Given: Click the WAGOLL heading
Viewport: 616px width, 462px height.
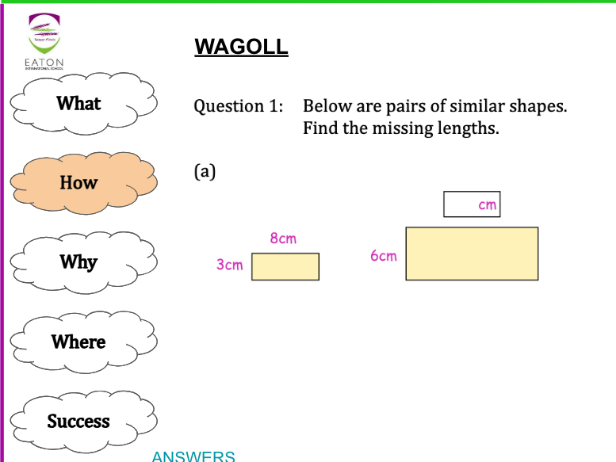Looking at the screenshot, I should pos(241,48).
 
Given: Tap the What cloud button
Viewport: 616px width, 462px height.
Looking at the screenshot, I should pos(79,103).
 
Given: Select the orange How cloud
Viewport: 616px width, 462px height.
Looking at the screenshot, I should pos(79,182).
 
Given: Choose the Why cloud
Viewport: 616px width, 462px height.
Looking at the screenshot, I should pos(79,262).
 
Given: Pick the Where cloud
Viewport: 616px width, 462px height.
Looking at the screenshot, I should pos(79,342).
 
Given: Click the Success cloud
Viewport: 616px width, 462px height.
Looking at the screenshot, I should pos(79,421).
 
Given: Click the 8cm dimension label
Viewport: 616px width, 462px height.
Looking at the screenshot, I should pos(283,239).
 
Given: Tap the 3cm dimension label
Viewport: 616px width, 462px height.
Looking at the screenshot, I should pos(230,265).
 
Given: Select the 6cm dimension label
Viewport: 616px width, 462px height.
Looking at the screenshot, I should pos(383,256).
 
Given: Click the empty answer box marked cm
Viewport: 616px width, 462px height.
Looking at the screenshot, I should pos(471,204).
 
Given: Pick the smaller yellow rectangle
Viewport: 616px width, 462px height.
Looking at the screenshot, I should pos(285,267).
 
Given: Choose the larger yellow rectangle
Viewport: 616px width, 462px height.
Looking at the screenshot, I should pos(472,254).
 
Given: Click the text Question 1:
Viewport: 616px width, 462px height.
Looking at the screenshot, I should pos(239,106).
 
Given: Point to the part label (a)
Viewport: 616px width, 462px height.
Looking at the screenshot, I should pos(205,171).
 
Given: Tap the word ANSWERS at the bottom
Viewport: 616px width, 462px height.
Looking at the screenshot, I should pos(193,456).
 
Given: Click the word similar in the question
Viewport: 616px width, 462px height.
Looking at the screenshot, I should pos(473,106).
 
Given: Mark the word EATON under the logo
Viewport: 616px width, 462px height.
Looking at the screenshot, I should pos(44,63).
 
